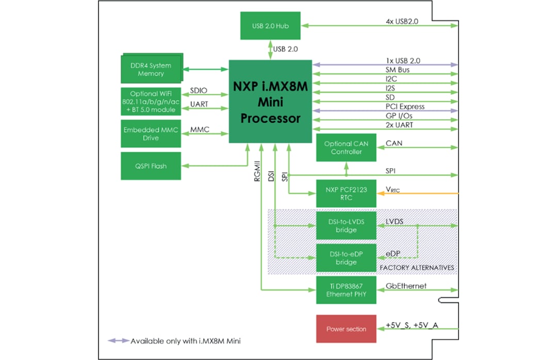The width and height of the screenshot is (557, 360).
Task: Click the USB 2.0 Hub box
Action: [x=270, y=25]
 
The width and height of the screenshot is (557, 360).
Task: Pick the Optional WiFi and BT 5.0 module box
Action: [x=151, y=102]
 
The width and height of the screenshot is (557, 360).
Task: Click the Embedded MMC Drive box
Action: [x=151, y=134]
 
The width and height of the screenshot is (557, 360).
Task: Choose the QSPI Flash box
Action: [x=151, y=166]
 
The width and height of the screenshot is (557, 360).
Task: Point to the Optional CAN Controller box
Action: [x=346, y=148]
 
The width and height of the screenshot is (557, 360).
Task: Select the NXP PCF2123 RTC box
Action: [x=346, y=193]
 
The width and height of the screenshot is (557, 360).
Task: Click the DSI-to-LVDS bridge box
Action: [x=346, y=225]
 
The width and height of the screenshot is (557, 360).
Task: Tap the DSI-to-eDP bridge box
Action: [x=346, y=258]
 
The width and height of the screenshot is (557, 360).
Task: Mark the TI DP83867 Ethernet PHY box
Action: [x=346, y=290]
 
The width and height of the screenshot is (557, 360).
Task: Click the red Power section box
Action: [x=346, y=329]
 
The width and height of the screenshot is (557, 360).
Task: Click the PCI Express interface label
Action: [x=405, y=106]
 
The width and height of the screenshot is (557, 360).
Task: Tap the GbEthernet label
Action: [x=406, y=286]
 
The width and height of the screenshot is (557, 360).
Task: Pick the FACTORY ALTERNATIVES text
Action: [x=417, y=268]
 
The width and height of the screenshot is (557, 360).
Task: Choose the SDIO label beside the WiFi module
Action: [x=199, y=90]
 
